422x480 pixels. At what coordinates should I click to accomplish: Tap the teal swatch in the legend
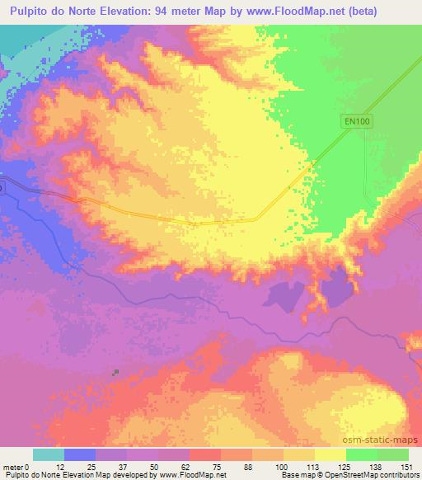[49, 454]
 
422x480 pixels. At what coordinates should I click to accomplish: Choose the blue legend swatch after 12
[80, 454]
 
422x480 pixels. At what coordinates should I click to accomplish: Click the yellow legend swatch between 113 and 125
[331, 454]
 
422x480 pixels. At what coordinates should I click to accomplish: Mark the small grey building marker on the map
[116, 371]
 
